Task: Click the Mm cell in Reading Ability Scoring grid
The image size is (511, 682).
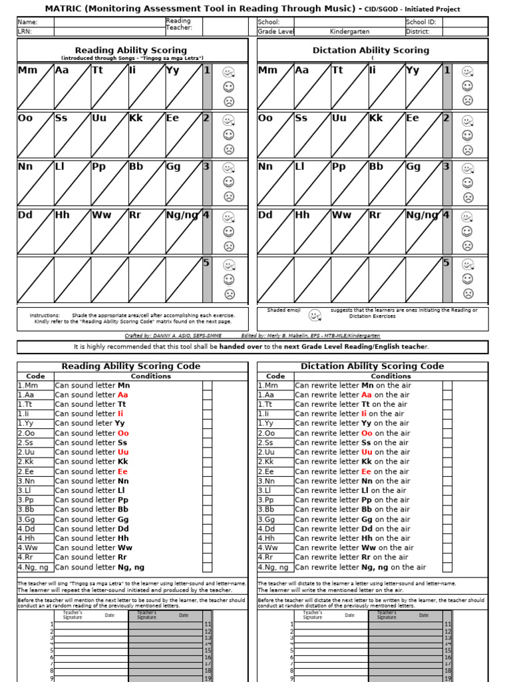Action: point(35,87)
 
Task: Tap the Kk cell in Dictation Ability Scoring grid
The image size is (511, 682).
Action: point(385,135)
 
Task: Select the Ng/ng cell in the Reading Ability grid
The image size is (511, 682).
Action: point(184,231)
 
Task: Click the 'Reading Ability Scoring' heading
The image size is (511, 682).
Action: point(131,50)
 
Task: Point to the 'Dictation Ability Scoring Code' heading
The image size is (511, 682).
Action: point(372,366)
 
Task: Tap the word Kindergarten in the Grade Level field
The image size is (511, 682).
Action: point(349,31)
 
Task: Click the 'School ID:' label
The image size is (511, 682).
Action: point(421,22)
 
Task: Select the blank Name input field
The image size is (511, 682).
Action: point(109,22)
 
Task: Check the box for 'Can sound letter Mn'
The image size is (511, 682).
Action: point(208,386)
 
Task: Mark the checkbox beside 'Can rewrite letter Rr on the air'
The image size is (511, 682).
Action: point(447,557)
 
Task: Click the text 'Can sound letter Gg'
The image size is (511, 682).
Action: point(92,519)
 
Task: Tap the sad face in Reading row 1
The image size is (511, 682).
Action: point(229,102)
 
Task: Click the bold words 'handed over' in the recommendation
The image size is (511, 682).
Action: point(243,347)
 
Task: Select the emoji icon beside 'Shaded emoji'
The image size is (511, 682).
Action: point(315,314)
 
